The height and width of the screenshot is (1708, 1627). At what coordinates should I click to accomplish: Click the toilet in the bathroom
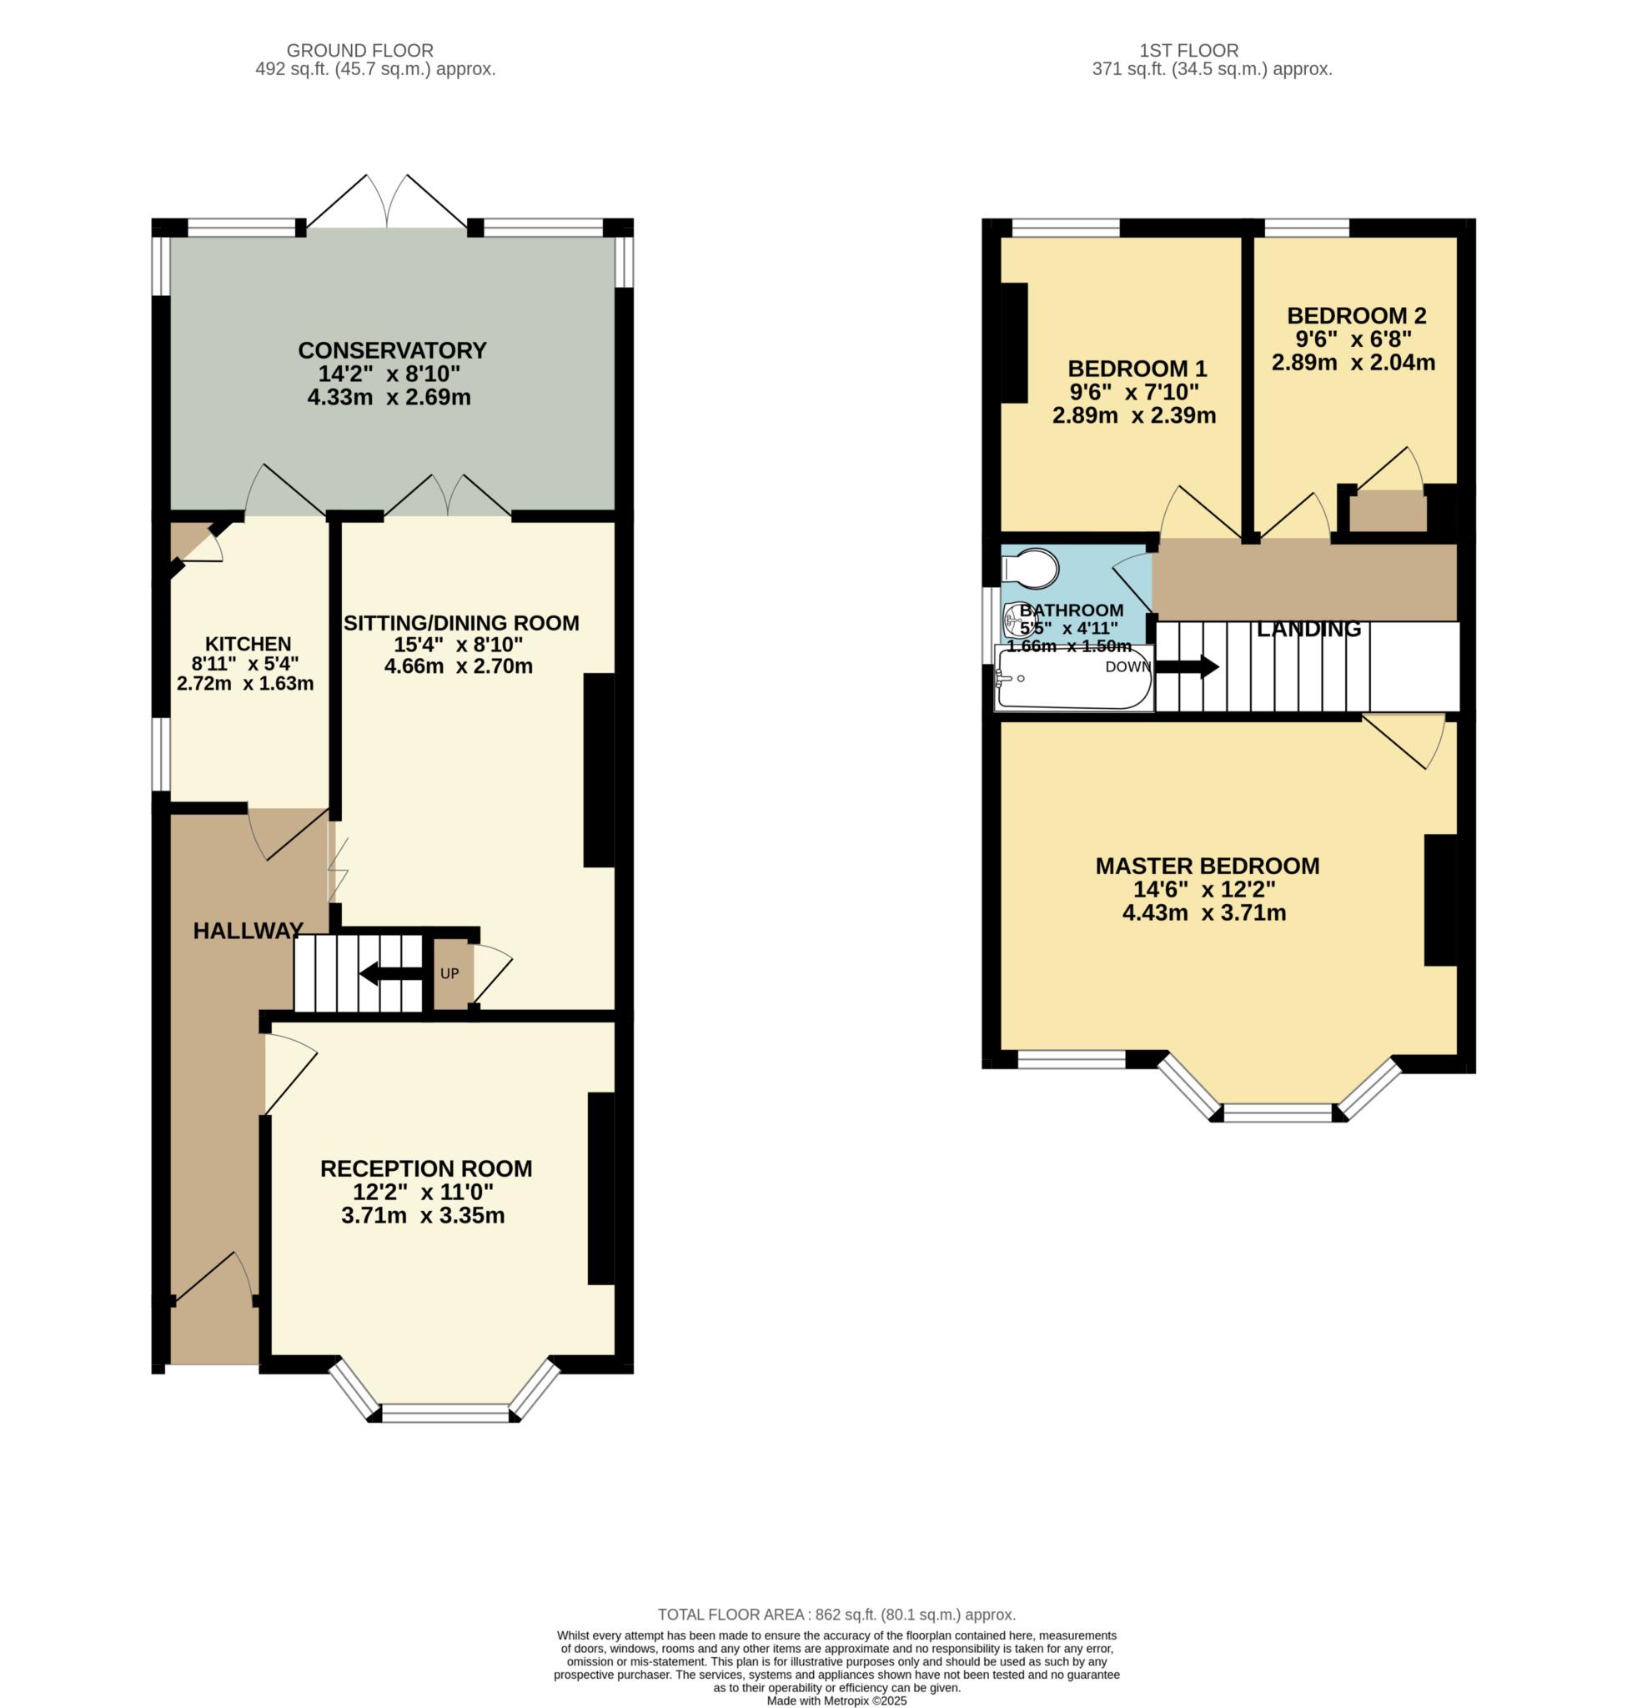click(x=1030, y=569)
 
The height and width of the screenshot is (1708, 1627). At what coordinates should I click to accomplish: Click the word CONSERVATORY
click(x=392, y=350)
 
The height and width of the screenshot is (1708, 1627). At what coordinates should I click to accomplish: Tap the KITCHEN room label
click(x=248, y=644)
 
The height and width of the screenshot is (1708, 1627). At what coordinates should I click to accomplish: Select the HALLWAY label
click(x=248, y=931)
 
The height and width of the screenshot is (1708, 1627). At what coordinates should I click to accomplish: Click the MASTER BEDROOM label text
click(x=1208, y=866)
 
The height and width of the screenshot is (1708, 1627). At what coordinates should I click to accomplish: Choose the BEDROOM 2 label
click(x=1357, y=316)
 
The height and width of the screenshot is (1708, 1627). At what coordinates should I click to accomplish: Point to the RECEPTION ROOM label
click(x=426, y=1168)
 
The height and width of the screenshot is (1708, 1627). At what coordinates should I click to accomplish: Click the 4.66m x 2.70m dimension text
click(x=458, y=666)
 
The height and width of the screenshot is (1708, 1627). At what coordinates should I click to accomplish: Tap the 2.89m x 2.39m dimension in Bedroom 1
click(x=1133, y=415)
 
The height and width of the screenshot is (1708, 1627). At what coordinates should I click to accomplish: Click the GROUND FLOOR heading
click(x=360, y=50)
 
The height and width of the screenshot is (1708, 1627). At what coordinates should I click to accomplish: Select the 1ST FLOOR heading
click(x=1213, y=50)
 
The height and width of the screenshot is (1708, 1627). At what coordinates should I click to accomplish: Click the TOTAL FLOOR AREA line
click(x=836, y=1615)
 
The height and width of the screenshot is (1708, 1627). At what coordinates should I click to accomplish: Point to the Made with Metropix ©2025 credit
click(x=836, y=1701)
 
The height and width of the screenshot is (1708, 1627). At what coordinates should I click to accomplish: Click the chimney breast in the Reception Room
click(x=601, y=1188)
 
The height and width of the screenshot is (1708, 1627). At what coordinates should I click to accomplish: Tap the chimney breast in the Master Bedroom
click(x=1440, y=901)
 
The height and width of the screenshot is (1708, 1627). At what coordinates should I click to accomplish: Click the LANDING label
click(x=1308, y=629)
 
